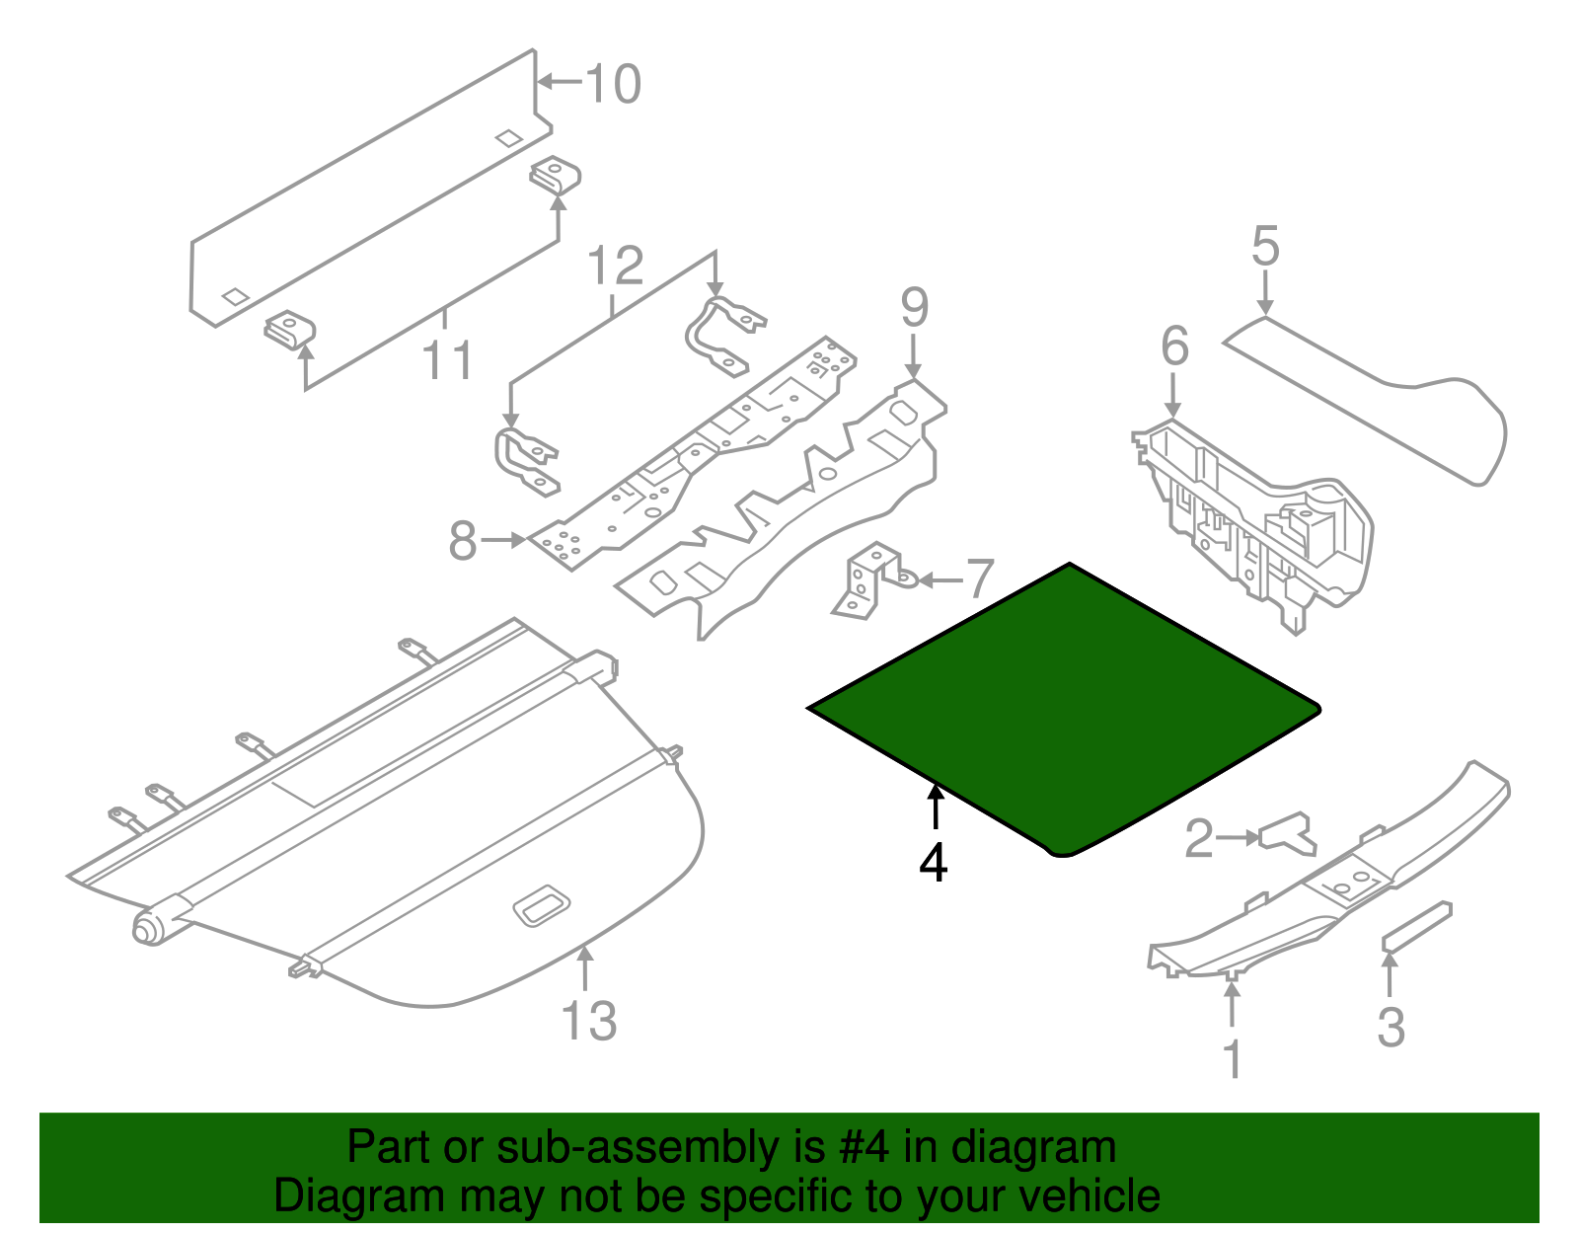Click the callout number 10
[614, 84]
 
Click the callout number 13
[589, 1021]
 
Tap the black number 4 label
[933, 864]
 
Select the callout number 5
[1265, 246]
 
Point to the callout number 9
[914, 308]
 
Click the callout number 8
[463, 541]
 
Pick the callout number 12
[616, 267]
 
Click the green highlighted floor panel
[1066, 706]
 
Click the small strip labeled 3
[1416, 926]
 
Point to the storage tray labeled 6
[1253, 513]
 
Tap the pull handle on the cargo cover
[541, 906]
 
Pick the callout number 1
[1233, 1059]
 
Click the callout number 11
[447, 360]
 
